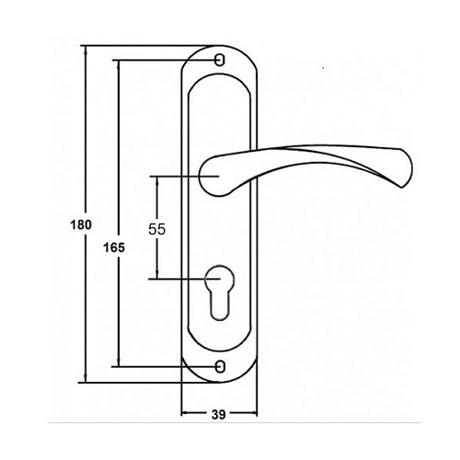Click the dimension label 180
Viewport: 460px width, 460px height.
[81, 225]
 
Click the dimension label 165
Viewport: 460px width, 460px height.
[114, 247]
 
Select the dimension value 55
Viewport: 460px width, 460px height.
[156, 229]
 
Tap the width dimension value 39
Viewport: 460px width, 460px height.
[219, 415]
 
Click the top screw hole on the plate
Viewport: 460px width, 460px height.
[220, 60]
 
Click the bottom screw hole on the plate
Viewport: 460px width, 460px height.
[220, 366]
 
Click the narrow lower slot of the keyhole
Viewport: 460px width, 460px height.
[220, 305]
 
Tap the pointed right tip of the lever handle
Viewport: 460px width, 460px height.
[402, 187]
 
